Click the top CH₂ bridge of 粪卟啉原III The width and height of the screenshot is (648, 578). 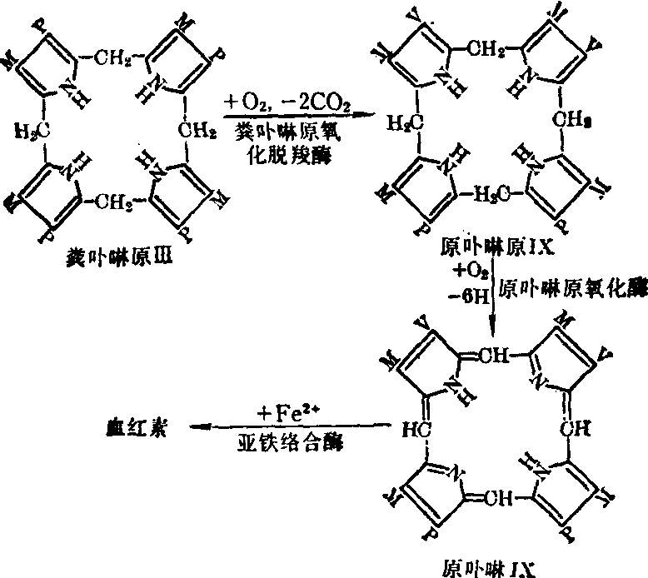click(114, 59)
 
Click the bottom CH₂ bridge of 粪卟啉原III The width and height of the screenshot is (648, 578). click(114, 200)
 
